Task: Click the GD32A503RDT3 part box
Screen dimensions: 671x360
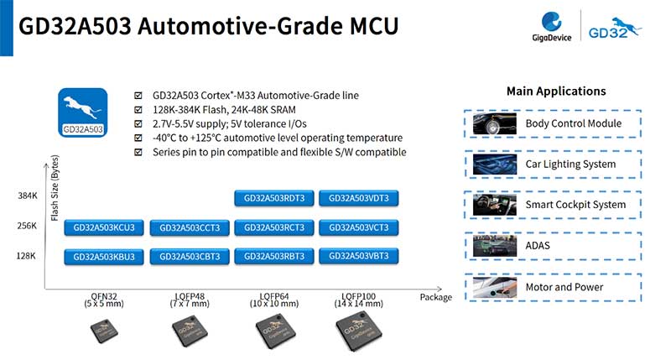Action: [x=274, y=198]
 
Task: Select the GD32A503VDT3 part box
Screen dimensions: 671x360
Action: [x=359, y=198]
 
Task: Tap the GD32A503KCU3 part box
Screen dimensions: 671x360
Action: [x=104, y=227]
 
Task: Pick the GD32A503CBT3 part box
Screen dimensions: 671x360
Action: [x=190, y=257]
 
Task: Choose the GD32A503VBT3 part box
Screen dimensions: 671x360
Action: [x=359, y=256]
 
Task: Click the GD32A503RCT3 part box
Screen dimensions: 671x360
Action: [x=274, y=227]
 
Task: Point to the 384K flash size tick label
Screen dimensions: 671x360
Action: [x=28, y=196]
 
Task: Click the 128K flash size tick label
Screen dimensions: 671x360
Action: [x=26, y=256]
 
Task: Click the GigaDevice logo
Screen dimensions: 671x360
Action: [x=552, y=27]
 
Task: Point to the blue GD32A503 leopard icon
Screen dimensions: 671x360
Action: [x=82, y=112]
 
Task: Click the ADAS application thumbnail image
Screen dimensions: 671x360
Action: [x=495, y=246]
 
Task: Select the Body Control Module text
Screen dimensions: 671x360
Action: [x=574, y=123]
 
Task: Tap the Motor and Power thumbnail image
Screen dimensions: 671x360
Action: [x=495, y=287]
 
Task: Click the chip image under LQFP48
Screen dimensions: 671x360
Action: [x=190, y=331]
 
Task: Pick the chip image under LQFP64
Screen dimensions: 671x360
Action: [x=275, y=331]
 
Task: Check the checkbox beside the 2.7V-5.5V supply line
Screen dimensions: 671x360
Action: [x=138, y=124]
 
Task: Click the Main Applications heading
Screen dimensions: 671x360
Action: [x=556, y=91]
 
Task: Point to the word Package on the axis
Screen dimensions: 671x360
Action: [x=435, y=298]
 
